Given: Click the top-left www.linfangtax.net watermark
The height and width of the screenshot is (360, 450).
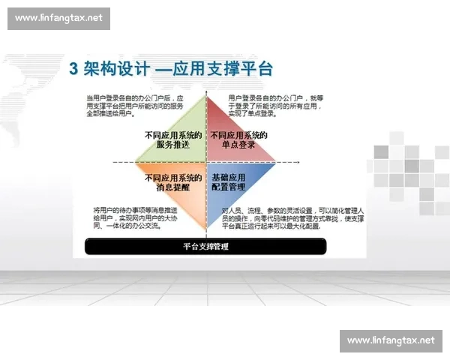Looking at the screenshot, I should point(58,18).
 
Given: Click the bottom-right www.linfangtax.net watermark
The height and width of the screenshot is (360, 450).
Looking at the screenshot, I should point(391,340).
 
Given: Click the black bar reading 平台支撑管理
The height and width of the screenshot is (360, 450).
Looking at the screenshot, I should point(205,246).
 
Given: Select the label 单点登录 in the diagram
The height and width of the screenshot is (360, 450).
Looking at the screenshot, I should point(238,145).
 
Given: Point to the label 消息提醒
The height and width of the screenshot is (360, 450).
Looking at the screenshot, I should point(173,188).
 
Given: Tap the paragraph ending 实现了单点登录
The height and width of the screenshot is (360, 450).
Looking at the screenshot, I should point(275,106).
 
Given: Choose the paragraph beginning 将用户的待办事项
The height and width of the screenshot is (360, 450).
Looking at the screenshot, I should point(135,217).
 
